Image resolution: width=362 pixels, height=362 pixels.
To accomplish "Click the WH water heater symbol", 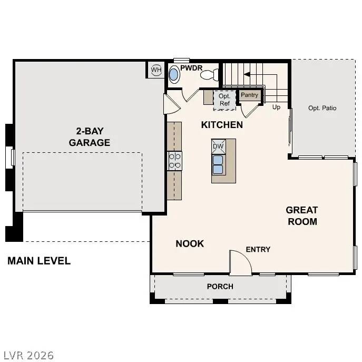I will click(156, 70).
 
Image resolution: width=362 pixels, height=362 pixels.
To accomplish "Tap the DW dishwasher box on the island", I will click(218, 146).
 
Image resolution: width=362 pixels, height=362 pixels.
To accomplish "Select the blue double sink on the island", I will click(218, 164).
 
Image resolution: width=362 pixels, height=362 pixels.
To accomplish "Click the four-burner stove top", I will click(174, 161).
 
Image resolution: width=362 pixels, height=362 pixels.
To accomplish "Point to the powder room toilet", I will click(210, 75).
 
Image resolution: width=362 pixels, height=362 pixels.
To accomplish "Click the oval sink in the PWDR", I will click(174, 76).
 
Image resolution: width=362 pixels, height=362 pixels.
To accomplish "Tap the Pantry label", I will click(249, 95).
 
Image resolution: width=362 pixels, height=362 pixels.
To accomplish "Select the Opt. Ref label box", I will click(224, 100).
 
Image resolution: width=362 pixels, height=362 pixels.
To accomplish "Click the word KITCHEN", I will click(222, 125).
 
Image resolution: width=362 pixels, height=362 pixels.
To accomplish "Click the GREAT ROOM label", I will click(302, 216).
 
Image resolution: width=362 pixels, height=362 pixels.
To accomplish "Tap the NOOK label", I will click(190, 243).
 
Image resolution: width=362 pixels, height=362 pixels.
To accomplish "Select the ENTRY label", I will click(258, 249).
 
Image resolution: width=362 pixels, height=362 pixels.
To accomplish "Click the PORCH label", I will click(220, 287).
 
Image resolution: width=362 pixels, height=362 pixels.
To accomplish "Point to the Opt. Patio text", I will click(322, 108).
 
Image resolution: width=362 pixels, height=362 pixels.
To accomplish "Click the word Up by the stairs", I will click(276, 107).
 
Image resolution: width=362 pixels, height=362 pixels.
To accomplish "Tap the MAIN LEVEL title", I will click(39, 261).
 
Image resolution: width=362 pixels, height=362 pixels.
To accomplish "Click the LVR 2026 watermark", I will click(27, 355).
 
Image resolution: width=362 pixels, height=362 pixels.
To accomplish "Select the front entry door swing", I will click(240, 262).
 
